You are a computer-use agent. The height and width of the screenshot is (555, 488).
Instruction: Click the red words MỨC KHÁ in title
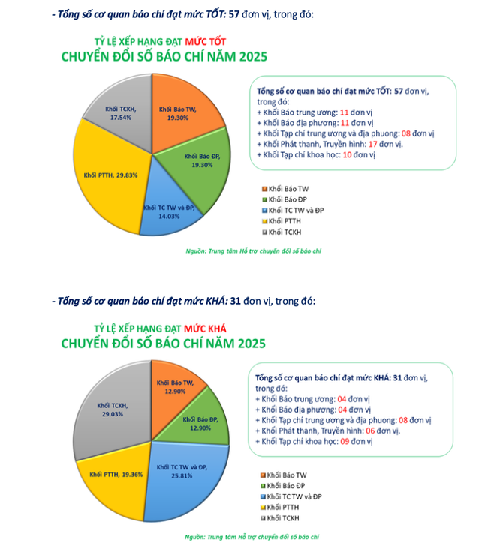pyautogui.click(x=205, y=328)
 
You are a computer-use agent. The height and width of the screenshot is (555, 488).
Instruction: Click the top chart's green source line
pyautogui.click(x=253, y=250)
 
